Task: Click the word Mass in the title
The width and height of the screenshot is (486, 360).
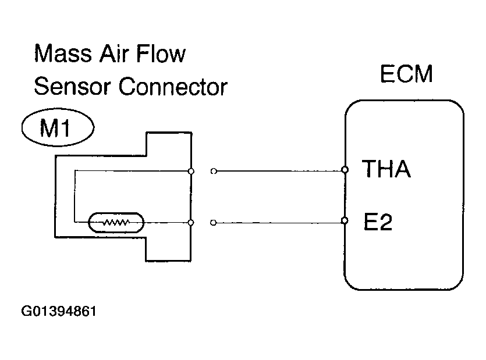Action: pyautogui.click(x=63, y=54)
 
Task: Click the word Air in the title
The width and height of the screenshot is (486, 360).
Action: pyautogui.click(x=113, y=54)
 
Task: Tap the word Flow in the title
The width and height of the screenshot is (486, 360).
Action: pyautogui.click(x=161, y=54)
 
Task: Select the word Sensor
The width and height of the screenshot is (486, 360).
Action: pyautogui.click(x=72, y=87)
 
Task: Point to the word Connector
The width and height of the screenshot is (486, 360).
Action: pyautogui.click(x=173, y=87)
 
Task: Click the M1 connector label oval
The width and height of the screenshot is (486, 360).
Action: pyautogui.click(x=58, y=127)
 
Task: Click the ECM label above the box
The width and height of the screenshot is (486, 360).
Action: pyautogui.click(x=406, y=74)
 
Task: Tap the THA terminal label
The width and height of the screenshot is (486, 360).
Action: pyautogui.click(x=386, y=169)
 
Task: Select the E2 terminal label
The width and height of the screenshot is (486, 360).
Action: pyautogui.click(x=378, y=222)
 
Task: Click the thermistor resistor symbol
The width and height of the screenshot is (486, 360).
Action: pyautogui.click(x=116, y=222)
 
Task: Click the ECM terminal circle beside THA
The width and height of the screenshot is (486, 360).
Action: pyautogui.click(x=345, y=170)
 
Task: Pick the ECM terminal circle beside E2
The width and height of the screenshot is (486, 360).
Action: pyautogui.click(x=345, y=220)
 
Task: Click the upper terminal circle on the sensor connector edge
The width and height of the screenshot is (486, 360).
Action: pyautogui.click(x=191, y=172)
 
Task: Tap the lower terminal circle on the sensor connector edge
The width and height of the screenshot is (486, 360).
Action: pyautogui.click(x=191, y=222)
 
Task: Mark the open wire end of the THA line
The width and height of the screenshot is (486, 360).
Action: pyautogui.click(x=214, y=171)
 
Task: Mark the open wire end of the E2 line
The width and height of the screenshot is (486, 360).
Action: pyautogui.click(x=213, y=223)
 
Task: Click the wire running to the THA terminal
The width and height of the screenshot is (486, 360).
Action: pyautogui.click(x=279, y=171)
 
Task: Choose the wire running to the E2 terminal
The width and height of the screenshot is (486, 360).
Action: pyautogui.click(x=279, y=222)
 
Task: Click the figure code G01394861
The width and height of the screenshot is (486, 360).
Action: pyautogui.click(x=59, y=311)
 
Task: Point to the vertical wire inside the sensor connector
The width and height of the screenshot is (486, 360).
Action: pyautogui.click(x=75, y=196)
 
